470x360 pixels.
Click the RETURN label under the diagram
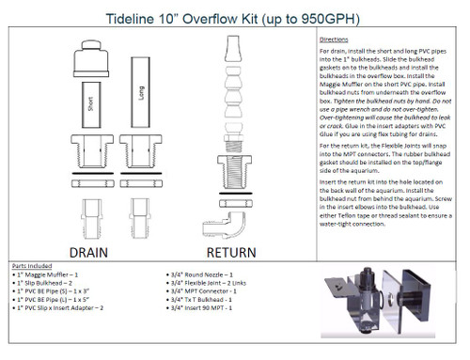point(231,251)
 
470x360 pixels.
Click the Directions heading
point(341,40)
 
